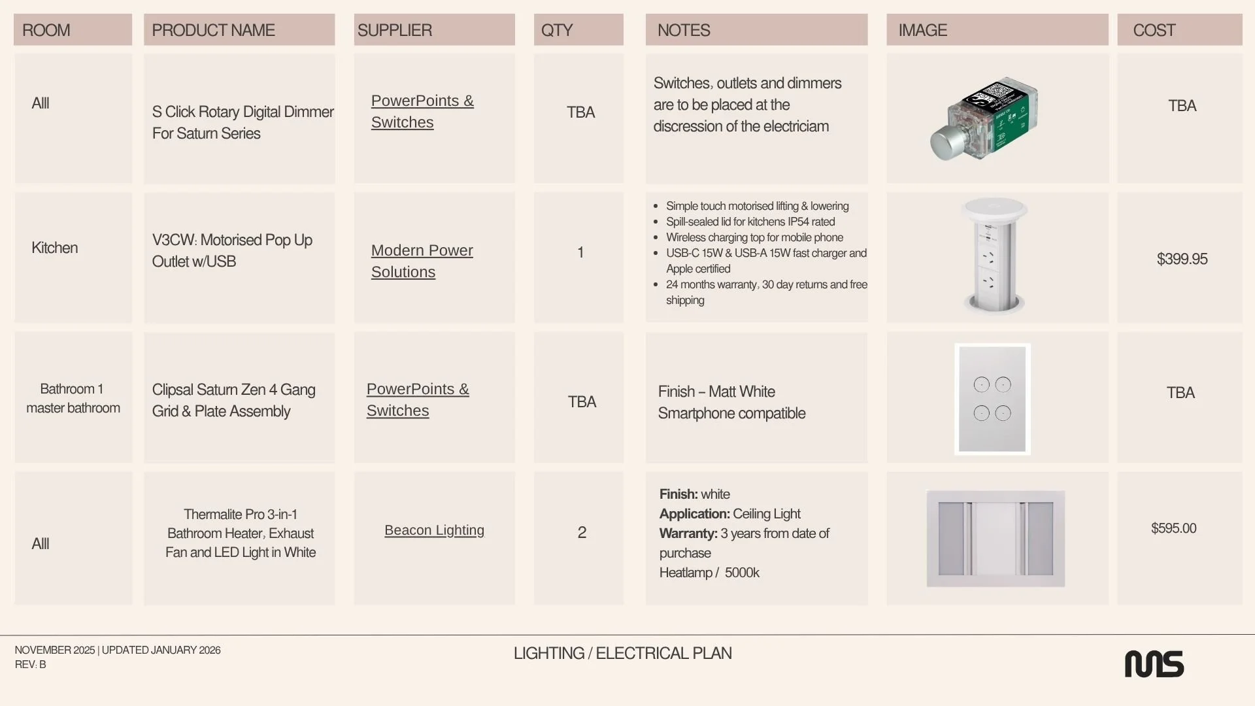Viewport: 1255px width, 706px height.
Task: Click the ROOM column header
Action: [x=46, y=30]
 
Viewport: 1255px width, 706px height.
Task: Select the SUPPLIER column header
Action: [x=394, y=30]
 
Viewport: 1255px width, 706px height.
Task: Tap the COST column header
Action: [x=1154, y=30]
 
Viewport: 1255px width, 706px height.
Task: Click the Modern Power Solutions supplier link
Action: [x=422, y=261]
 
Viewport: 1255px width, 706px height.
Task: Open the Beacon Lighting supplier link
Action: [x=434, y=530]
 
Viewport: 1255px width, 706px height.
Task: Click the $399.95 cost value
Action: [x=1182, y=259]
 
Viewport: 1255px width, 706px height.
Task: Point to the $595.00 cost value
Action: [x=1174, y=528]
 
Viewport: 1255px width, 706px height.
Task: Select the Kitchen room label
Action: [x=54, y=248]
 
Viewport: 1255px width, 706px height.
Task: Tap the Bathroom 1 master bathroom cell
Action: [x=73, y=398]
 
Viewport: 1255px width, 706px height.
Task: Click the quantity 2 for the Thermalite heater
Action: [x=582, y=532]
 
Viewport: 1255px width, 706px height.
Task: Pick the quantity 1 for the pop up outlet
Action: [x=580, y=252]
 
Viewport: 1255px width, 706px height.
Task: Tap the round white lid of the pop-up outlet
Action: [x=994, y=209]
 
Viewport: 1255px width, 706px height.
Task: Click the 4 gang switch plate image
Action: [x=992, y=399]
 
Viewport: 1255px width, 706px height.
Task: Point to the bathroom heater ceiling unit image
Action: [x=996, y=539]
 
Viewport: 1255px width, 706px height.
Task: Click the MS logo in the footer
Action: [x=1154, y=664]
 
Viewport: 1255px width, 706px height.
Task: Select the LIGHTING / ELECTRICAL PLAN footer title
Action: [x=622, y=653]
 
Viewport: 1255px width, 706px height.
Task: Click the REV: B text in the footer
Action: [x=30, y=664]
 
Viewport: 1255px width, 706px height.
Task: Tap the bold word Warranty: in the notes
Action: [x=688, y=533]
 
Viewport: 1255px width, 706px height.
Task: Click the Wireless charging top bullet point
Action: [x=754, y=237]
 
